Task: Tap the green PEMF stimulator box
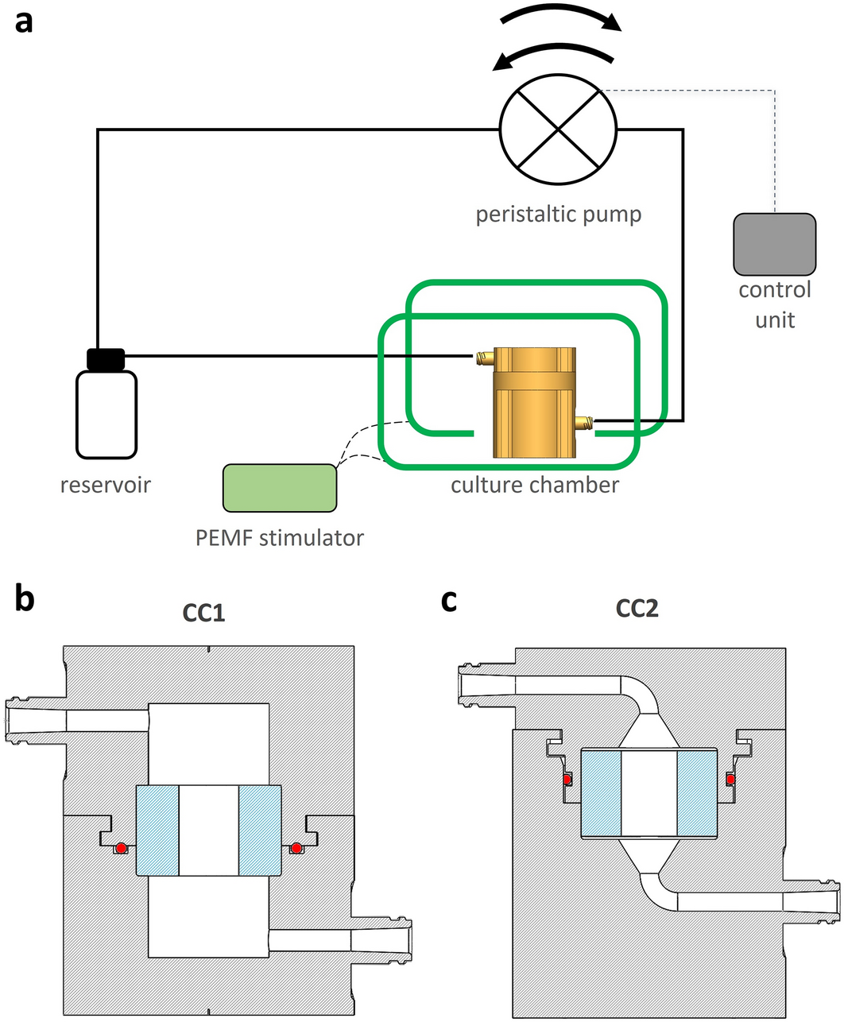tap(280, 487)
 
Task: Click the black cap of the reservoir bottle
tap(106, 359)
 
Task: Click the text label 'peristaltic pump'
tap(558, 215)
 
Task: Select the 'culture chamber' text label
tap(535, 485)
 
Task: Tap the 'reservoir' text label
tap(106, 484)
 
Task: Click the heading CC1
tap(203, 613)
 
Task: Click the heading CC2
tap(637, 609)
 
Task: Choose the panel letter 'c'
tap(449, 601)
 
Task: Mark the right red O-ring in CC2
tap(730, 780)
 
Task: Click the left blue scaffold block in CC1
tap(158, 830)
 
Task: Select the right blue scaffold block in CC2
tap(697, 792)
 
